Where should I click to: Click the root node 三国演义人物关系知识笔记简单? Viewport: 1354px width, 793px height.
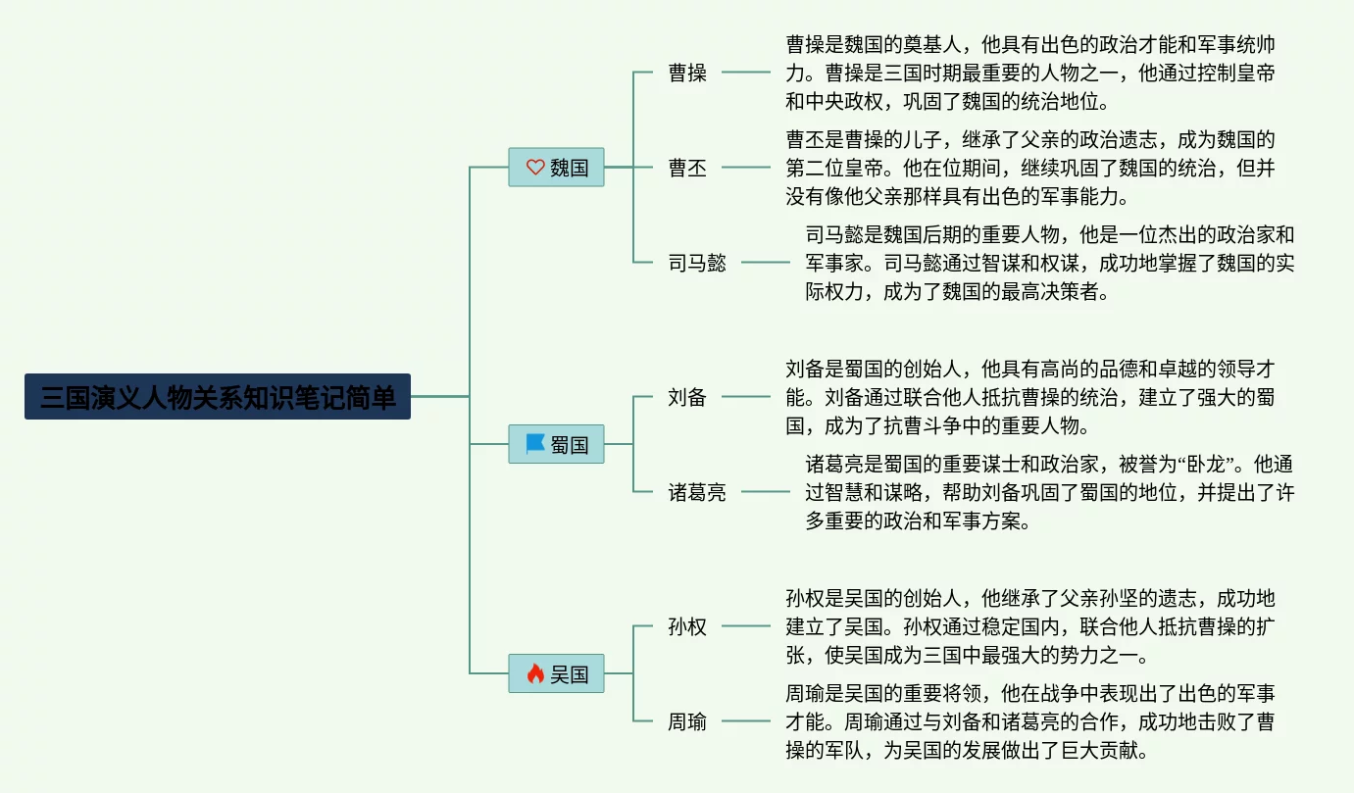click(217, 397)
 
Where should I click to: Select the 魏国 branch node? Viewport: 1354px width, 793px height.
click(556, 168)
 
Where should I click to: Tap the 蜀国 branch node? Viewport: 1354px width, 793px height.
click(556, 445)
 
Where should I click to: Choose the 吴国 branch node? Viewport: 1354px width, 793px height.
click(556, 673)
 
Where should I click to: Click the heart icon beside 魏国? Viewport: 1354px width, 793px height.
click(535, 168)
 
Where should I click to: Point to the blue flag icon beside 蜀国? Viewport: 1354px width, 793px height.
click(535, 444)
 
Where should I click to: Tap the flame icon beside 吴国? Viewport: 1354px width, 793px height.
click(535, 673)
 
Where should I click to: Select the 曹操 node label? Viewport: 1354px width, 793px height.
click(687, 73)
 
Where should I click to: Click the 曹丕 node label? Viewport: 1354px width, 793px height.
click(687, 168)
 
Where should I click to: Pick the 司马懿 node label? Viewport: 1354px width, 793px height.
click(697, 263)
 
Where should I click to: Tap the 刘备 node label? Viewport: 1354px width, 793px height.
click(687, 397)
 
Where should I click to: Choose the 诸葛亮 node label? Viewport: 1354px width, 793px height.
click(697, 492)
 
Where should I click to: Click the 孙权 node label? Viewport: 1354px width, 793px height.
click(687, 626)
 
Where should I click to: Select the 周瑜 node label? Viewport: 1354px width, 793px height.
click(687, 721)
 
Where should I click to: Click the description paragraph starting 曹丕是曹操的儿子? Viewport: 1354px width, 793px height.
click(1029, 168)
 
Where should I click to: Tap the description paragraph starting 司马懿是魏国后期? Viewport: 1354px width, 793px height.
click(1049, 263)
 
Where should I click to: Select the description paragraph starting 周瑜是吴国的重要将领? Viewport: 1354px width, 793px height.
click(1029, 721)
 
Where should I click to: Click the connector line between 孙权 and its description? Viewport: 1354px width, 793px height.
click(746, 626)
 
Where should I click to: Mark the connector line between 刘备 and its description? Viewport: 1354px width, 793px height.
click(746, 397)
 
